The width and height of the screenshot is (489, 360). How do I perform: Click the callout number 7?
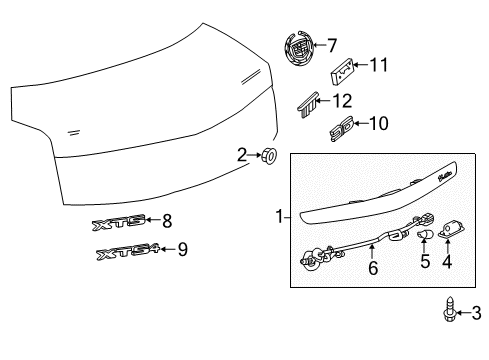click(332, 45)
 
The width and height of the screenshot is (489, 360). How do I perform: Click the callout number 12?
click(342, 100)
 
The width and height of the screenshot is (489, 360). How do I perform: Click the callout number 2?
click(240, 154)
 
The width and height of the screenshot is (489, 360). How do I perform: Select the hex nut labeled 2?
click(268, 155)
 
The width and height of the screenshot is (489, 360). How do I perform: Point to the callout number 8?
click(167, 221)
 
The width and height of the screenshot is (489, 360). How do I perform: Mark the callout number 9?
click(182, 250)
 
